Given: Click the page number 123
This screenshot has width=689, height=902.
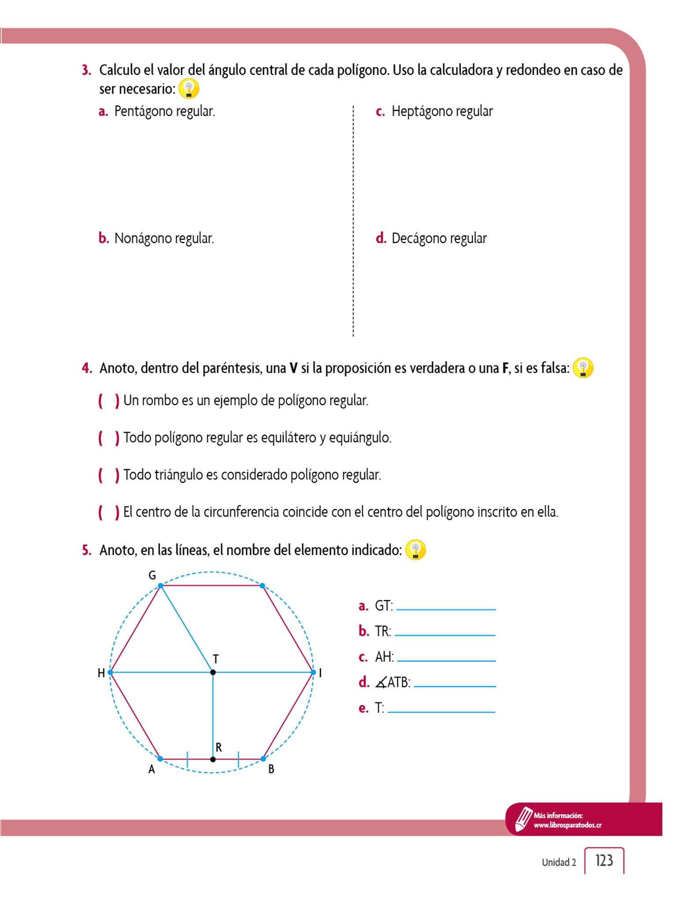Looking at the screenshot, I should coord(604,860).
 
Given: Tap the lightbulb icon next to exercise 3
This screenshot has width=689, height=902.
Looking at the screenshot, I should coord(189,89).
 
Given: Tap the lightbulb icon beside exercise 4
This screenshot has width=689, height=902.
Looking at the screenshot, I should coord(583,368).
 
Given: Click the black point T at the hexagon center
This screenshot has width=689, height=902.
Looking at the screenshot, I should coord(213,672).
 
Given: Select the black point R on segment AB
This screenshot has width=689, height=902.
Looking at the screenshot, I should coord(213,759).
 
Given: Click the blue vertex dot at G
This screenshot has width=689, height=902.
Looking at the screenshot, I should coord(161,586).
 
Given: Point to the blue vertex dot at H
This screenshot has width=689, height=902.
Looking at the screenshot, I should coord(110,672).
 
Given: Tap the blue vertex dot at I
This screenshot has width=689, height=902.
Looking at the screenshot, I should coord(313,672).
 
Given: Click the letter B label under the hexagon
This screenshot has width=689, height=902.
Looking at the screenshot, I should coord(271,769).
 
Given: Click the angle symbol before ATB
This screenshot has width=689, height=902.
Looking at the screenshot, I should coord(381,683).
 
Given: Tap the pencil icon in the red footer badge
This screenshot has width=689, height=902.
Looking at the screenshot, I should coord(523,819).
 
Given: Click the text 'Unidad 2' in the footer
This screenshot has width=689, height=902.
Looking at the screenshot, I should coord(559,862).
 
